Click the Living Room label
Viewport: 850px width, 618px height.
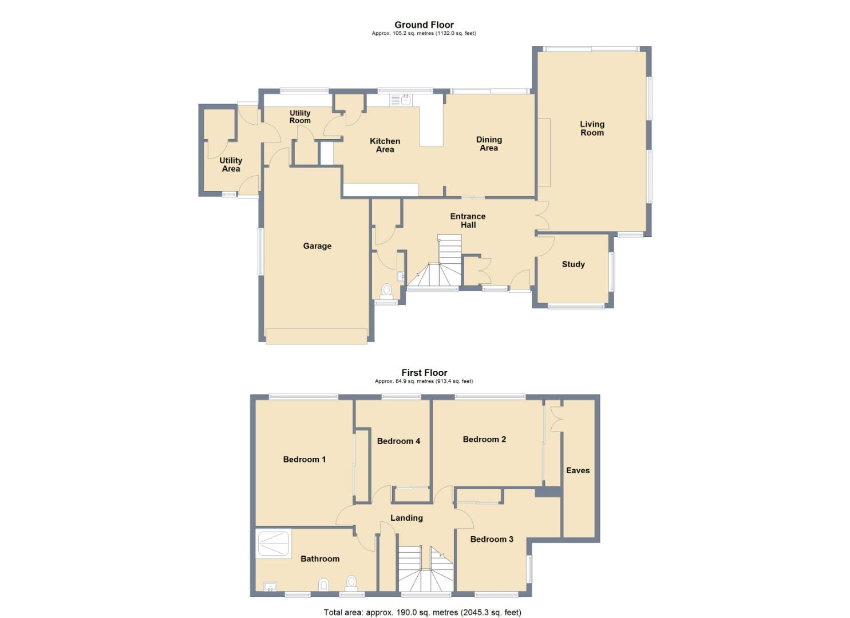point(592,128)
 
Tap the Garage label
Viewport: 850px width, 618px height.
point(317,246)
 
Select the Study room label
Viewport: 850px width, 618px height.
point(573,264)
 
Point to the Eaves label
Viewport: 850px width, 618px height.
point(578,470)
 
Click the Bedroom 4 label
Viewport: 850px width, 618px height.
point(398,441)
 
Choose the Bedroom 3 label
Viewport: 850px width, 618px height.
point(491,539)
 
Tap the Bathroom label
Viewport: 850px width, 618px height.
point(320,559)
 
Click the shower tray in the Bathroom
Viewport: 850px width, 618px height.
point(274,544)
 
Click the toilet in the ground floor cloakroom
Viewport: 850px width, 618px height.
point(386,291)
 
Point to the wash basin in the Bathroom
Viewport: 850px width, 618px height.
point(270,587)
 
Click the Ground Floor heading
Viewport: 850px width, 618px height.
point(424,25)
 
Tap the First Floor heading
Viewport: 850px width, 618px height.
point(424,373)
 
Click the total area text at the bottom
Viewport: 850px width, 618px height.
point(422,612)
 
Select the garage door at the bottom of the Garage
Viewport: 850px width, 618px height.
point(316,336)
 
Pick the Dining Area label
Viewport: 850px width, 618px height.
point(489,144)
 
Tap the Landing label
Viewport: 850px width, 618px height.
point(406,518)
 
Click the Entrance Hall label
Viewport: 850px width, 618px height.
point(468,220)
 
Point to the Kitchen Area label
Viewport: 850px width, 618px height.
point(385,145)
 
